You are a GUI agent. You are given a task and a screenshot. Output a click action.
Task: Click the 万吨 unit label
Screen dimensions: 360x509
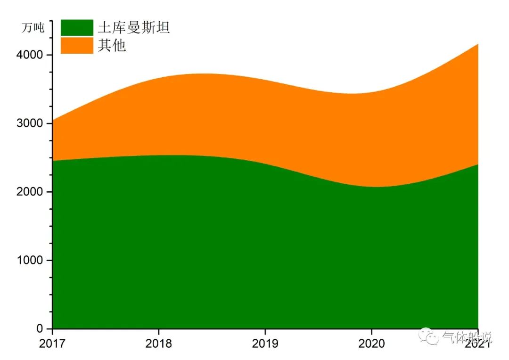click(33, 28)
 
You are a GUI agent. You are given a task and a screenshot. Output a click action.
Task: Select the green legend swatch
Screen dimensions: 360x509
click(77, 27)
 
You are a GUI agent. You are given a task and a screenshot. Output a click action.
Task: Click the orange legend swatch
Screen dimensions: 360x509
click(77, 46)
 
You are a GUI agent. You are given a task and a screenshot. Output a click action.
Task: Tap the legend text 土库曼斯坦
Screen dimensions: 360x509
click(133, 27)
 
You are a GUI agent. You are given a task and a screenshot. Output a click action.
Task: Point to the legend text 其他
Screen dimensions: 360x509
click(112, 46)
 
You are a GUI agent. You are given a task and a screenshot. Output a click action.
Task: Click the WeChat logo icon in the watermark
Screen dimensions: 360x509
click(430, 336)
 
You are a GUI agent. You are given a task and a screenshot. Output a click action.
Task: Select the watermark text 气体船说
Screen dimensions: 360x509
click(467, 338)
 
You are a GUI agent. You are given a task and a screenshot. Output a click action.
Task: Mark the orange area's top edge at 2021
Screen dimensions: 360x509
click(478, 44)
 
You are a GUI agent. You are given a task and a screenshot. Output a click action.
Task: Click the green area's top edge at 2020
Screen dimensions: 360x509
click(371, 187)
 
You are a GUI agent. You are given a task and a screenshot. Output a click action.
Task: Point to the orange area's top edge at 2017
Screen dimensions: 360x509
click(53, 120)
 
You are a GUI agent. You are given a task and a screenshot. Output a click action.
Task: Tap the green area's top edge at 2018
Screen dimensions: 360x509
click(159, 155)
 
